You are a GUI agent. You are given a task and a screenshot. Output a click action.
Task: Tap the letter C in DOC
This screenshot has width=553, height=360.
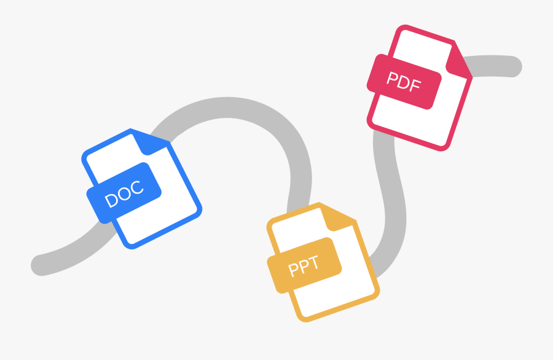coord(137,188)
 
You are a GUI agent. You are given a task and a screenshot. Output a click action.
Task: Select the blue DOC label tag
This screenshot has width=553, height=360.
coord(124,193)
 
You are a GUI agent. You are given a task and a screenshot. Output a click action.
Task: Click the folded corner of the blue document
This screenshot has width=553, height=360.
coord(151,142)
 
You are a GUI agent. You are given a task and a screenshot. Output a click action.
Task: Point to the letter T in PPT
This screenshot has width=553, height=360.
coord(313,262)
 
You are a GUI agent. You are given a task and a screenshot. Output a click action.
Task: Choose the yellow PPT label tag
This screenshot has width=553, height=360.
coord(304,265)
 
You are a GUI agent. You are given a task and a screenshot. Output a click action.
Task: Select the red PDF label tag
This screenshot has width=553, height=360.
coord(404,82)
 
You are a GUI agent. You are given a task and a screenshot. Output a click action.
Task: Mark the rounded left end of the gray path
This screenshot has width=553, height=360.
coord(41,265)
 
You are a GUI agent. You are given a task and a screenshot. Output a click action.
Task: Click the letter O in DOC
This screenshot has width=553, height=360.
coord(124,194)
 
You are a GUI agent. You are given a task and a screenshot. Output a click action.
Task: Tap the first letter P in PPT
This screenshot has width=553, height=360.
coord(292,270)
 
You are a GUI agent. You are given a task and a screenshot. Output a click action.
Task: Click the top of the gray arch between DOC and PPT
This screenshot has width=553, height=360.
coord(227,107)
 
